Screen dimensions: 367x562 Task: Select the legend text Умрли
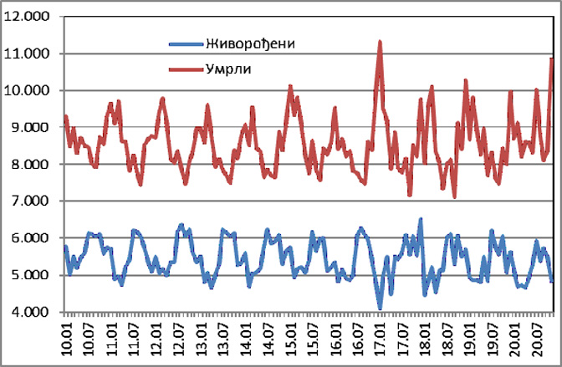click(x=228, y=69)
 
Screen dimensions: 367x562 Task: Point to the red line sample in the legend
click(x=184, y=69)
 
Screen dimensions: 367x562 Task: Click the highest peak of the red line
click(x=380, y=41)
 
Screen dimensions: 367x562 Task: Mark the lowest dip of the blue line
click(x=380, y=308)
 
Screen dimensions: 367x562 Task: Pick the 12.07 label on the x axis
click(x=178, y=341)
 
